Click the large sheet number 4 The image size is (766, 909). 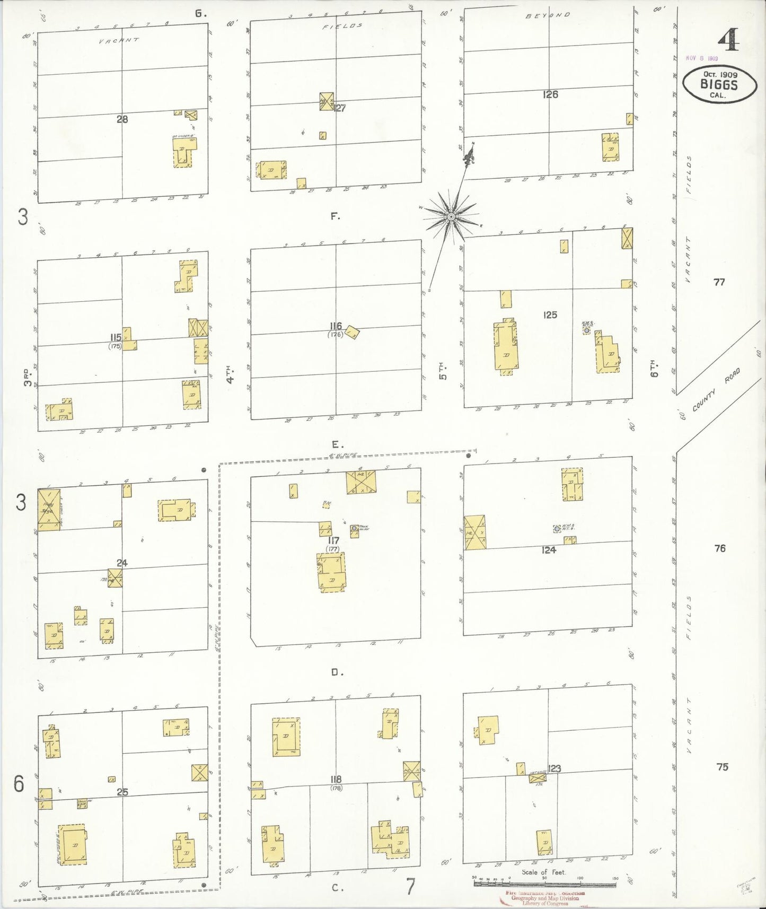pos(730,39)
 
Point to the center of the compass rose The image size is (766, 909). pos(451,217)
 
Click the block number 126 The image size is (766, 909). pos(550,94)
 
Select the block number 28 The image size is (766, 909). pos(122,119)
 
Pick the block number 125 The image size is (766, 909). pos(550,315)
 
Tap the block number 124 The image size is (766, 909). pos(549,550)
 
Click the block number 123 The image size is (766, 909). pos(554,768)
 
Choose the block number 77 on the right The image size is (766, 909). pos(719,282)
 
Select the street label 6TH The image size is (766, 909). pos(654,368)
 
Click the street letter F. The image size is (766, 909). pos(335,216)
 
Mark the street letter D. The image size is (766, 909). pos(335,672)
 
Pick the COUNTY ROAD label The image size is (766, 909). pos(715,392)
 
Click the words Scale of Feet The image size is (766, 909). pos(543,872)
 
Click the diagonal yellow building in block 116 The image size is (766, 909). pos(353,333)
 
